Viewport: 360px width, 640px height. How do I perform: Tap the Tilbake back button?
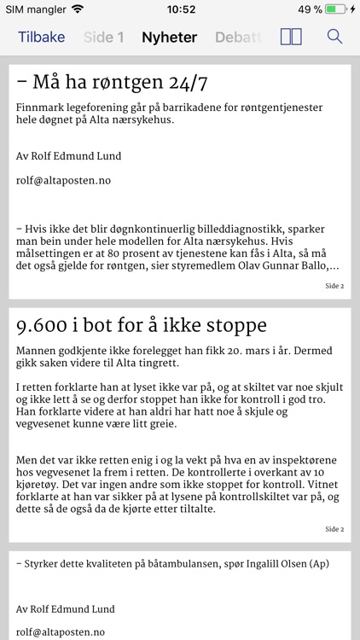(x=41, y=37)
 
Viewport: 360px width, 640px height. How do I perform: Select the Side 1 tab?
(x=103, y=37)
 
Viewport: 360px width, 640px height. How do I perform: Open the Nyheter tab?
(x=169, y=37)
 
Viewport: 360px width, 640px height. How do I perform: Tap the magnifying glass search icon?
(x=334, y=37)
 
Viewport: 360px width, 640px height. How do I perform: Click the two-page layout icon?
(x=291, y=37)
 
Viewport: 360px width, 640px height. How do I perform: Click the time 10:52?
(x=180, y=9)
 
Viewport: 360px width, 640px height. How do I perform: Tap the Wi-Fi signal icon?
(x=78, y=9)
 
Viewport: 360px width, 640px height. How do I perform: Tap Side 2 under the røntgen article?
(x=334, y=286)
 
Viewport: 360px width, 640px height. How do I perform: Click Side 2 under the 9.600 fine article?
(x=334, y=529)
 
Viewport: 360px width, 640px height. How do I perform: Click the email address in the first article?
(x=63, y=180)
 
